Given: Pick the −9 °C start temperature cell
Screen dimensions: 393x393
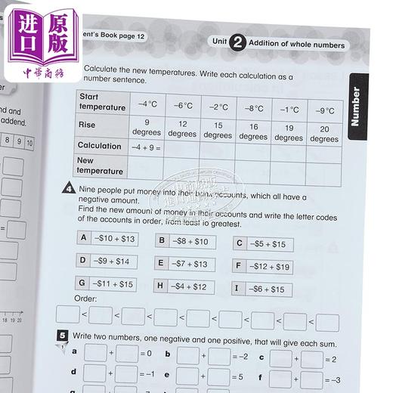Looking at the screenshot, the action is [x=325, y=110].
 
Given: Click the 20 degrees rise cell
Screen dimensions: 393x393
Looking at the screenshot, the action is [x=324, y=133].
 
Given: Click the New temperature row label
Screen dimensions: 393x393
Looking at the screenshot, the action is [x=97, y=166].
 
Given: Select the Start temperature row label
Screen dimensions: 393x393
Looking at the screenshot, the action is [x=101, y=102].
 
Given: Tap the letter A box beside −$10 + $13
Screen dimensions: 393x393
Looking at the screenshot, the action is [x=85, y=238].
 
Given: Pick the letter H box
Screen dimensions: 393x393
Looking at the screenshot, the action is [x=160, y=286].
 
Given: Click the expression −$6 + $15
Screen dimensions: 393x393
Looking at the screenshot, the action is [x=268, y=289].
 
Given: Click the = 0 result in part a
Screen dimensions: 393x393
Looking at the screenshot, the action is [x=144, y=353].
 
